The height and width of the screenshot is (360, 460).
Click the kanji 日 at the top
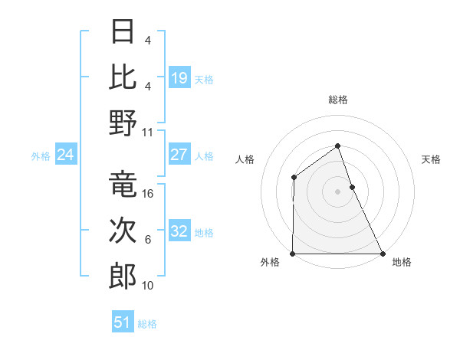click(x=123, y=32)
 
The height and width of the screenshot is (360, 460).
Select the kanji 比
click(x=123, y=77)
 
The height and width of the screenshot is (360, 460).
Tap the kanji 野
click(x=123, y=123)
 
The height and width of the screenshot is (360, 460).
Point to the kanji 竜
click(x=123, y=185)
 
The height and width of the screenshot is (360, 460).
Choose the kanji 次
click(x=123, y=231)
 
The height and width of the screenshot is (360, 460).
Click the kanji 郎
click(x=123, y=276)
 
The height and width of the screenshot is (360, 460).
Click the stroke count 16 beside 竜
click(x=149, y=194)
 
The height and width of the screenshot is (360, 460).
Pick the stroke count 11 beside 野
click(x=149, y=132)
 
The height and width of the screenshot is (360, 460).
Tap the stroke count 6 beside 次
click(x=148, y=240)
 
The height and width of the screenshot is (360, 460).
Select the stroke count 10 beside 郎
click(x=149, y=286)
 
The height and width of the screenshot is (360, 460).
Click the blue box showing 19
click(x=179, y=77)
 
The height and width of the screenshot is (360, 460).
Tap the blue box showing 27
click(x=179, y=155)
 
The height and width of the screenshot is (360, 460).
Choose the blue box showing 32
click(x=179, y=231)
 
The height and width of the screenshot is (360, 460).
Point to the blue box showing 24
click(x=66, y=155)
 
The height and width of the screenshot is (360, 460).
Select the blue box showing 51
click(x=123, y=322)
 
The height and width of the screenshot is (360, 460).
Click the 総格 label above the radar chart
click(x=338, y=100)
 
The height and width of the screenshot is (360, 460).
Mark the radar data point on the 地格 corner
click(x=383, y=254)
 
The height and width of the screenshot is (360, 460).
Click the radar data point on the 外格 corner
click(x=293, y=254)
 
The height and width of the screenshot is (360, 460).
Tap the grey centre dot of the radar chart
click(x=338, y=191)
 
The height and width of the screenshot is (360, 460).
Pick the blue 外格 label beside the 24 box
click(x=41, y=156)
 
